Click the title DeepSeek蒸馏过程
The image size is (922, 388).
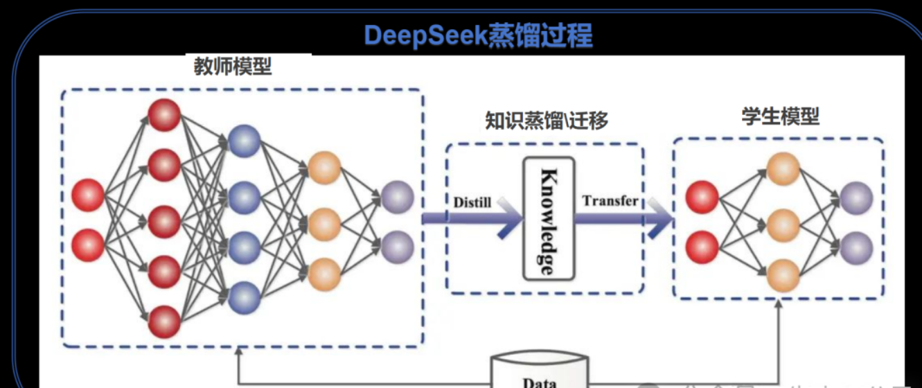coord(478,34)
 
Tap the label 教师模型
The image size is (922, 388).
coord(232,67)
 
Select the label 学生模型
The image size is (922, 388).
coord(780,117)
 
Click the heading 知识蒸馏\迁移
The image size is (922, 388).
coord(547,121)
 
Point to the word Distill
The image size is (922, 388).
coord(472,203)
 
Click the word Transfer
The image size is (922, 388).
coord(610,202)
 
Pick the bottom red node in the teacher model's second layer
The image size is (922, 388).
coord(165,321)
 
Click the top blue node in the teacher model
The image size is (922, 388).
coord(243,141)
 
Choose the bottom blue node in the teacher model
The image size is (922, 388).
coord(243,297)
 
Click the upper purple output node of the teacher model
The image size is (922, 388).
coord(397,197)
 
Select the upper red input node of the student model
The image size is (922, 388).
coord(702,197)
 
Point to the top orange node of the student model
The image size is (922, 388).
coord(783,169)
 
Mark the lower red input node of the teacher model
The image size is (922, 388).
coord(88,246)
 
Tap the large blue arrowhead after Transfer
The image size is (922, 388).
coord(662,220)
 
